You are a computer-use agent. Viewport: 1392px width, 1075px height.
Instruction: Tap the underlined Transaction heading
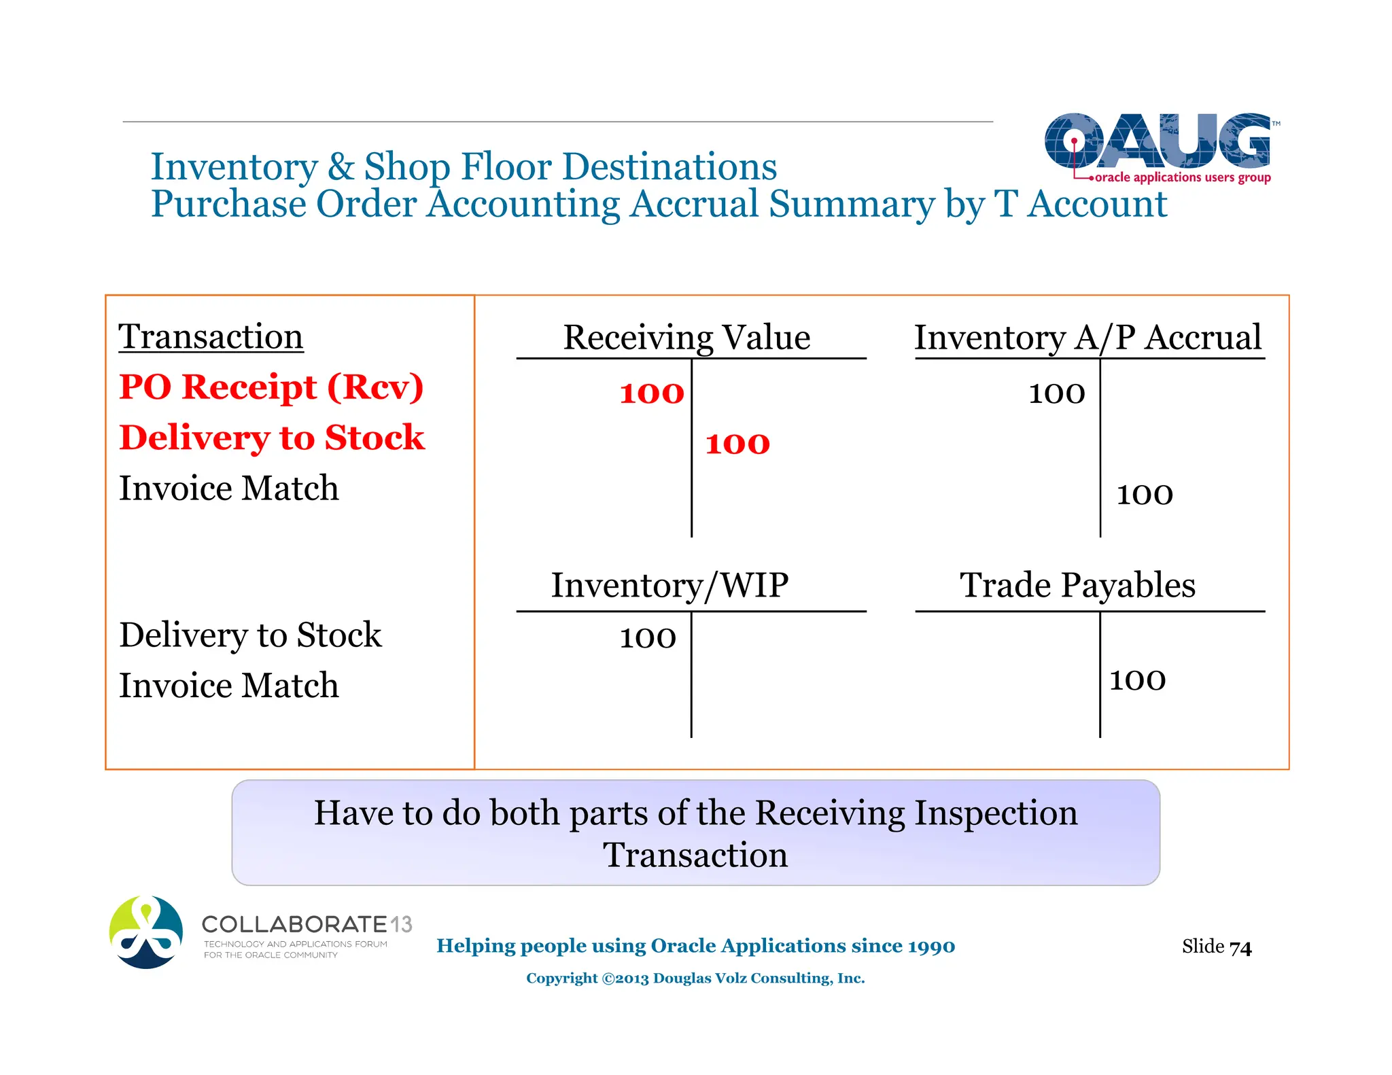(211, 337)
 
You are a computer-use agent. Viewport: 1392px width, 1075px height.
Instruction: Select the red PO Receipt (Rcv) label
(271, 387)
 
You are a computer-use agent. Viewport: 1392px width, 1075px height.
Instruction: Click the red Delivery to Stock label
(271, 438)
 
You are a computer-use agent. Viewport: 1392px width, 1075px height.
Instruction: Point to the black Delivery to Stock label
(250, 635)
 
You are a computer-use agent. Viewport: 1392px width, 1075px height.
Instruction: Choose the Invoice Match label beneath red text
(228, 489)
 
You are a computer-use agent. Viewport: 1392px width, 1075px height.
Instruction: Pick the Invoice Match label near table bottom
(228, 686)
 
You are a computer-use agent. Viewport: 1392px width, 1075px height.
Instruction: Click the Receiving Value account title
(686, 338)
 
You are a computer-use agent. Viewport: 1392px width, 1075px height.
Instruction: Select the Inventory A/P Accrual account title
(1087, 338)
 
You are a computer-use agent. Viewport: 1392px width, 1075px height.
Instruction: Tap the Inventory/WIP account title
(669, 586)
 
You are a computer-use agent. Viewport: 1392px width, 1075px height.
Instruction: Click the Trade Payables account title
(1077, 586)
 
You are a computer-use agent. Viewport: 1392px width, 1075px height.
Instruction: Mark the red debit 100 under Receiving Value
(651, 393)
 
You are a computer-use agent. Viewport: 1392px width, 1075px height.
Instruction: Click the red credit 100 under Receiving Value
(737, 444)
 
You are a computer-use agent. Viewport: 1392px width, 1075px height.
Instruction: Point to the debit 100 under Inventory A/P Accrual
(1056, 393)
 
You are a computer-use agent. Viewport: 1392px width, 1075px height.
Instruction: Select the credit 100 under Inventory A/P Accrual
(1145, 495)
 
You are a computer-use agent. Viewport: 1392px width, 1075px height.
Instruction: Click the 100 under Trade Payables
(1137, 680)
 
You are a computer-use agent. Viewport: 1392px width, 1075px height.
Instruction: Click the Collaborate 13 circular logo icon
(146, 932)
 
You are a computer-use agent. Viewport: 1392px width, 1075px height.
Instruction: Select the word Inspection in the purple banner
(995, 813)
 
